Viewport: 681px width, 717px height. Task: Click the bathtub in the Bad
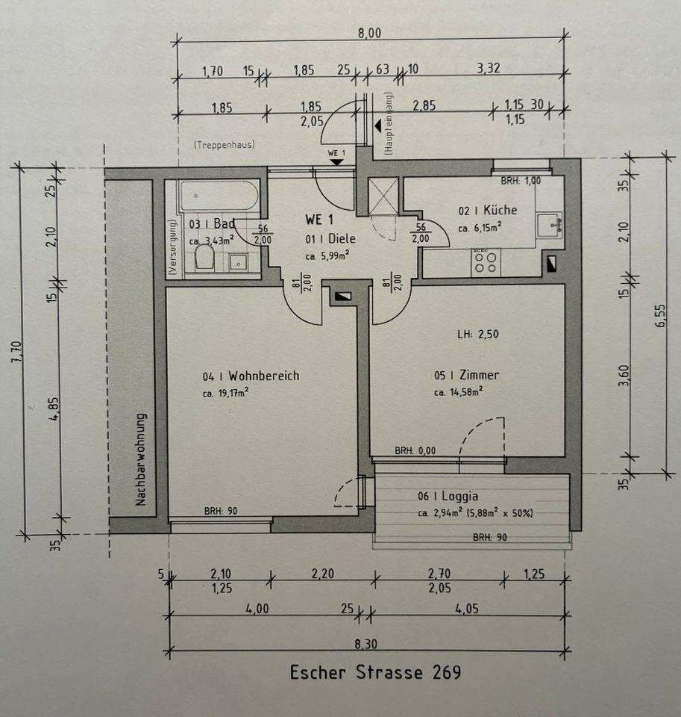pyautogui.click(x=219, y=196)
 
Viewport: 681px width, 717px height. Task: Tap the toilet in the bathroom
pyautogui.click(x=204, y=258)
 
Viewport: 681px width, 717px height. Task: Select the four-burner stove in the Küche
pyautogui.click(x=486, y=262)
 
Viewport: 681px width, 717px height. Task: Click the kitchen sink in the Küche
pyautogui.click(x=550, y=225)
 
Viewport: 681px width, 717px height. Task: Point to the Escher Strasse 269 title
pyautogui.click(x=375, y=672)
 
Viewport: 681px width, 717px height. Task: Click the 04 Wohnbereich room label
pyautogui.click(x=251, y=376)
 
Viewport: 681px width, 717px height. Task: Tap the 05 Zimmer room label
pyautogui.click(x=466, y=375)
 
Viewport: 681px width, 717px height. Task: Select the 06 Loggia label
pyautogui.click(x=448, y=496)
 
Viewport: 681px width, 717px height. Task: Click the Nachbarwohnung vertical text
pyautogui.click(x=141, y=459)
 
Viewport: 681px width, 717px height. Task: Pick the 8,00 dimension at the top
pyautogui.click(x=369, y=34)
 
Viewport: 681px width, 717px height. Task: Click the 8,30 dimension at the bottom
pyautogui.click(x=366, y=644)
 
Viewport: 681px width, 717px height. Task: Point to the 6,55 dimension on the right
pyautogui.click(x=661, y=315)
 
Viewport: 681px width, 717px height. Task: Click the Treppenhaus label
pyautogui.click(x=225, y=145)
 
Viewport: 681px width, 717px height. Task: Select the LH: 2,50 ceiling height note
pyautogui.click(x=478, y=335)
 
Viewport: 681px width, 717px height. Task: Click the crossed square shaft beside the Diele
pyautogui.click(x=383, y=195)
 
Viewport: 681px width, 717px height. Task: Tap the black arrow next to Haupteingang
pyautogui.click(x=378, y=126)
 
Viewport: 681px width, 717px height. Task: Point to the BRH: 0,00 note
pyautogui.click(x=415, y=451)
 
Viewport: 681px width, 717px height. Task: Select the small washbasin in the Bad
pyautogui.click(x=238, y=262)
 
